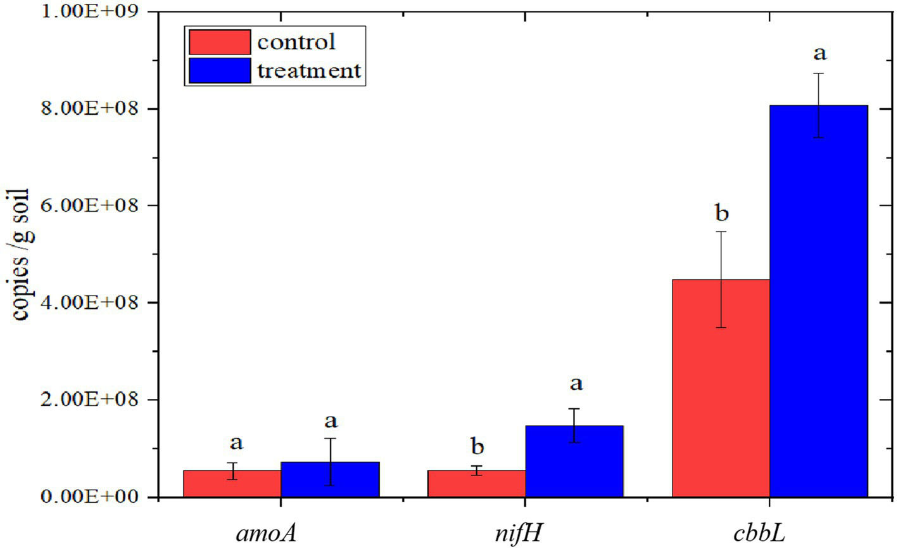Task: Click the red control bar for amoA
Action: click(x=232, y=483)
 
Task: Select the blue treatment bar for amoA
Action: click(x=330, y=479)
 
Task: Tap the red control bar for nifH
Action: click(x=476, y=483)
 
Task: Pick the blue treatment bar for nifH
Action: click(x=574, y=461)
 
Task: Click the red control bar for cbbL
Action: click(x=721, y=388)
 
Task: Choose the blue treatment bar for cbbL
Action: click(x=818, y=301)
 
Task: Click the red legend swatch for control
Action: click(x=220, y=42)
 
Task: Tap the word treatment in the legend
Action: click(x=308, y=70)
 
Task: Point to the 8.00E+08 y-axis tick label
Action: click(x=90, y=108)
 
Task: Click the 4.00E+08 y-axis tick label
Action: click(x=90, y=302)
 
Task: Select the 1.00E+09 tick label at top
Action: click(x=90, y=11)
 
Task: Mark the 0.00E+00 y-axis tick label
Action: click(x=90, y=496)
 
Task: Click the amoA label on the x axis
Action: click(x=267, y=533)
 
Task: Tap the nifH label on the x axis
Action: click(x=518, y=533)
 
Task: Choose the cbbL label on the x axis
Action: click(x=759, y=533)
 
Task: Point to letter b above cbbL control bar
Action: click(x=721, y=213)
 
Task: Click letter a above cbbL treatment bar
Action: click(x=819, y=53)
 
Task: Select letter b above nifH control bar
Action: click(x=477, y=446)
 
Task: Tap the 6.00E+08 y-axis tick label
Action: click(x=90, y=205)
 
